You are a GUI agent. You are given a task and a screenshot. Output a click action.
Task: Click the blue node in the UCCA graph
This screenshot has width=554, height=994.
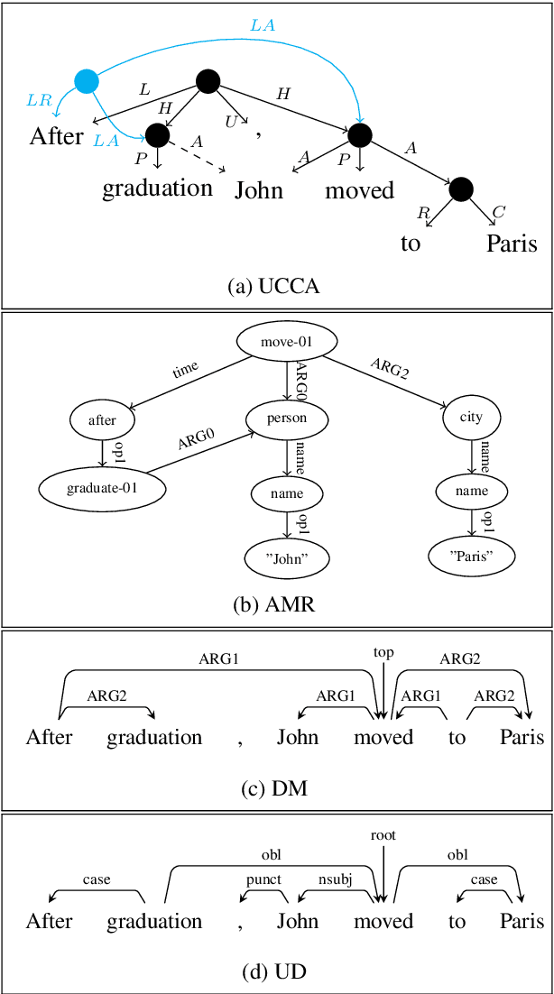point(87,81)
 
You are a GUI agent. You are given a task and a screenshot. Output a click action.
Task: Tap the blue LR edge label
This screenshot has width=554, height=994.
point(39,100)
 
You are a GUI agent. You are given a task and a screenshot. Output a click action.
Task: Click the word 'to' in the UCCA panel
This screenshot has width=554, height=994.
point(411,244)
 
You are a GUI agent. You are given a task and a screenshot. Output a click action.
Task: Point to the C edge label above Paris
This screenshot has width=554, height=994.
point(499,212)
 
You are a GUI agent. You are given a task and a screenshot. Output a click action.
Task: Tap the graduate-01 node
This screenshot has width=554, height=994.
point(102,488)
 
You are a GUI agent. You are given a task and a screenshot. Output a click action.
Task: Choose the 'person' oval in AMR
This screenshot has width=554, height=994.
point(287,419)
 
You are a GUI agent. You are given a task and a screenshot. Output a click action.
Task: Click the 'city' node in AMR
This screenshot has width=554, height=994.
point(471,417)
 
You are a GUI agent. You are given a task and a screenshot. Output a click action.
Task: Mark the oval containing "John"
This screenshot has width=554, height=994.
point(287,558)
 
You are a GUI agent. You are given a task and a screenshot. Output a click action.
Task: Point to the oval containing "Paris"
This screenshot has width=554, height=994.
point(471,557)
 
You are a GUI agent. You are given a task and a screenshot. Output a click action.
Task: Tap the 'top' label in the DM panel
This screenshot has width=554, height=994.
point(383,652)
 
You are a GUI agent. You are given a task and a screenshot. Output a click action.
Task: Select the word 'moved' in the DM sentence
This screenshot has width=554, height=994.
point(383,737)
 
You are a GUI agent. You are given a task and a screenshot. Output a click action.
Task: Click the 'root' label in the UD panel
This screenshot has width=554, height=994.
point(383,835)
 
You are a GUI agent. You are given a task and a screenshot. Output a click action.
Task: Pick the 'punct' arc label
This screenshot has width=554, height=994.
point(263,879)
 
